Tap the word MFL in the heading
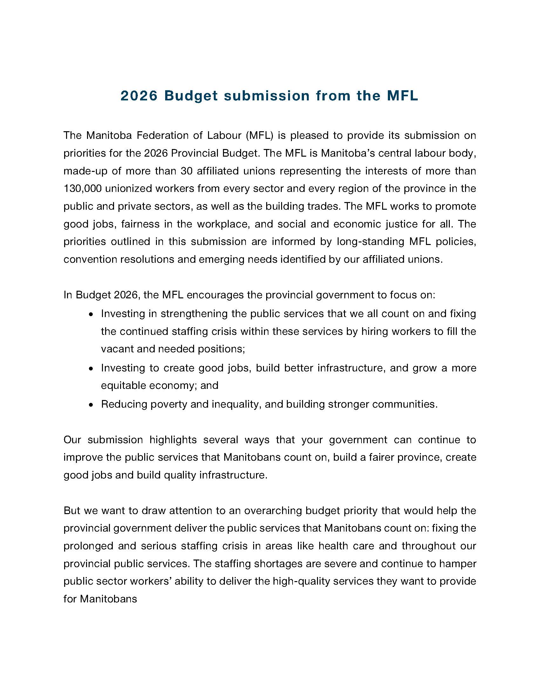[x=402, y=96]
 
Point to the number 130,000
[x=83, y=188]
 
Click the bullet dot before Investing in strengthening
[x=91, y=315]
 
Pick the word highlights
[x=173, y=440]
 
